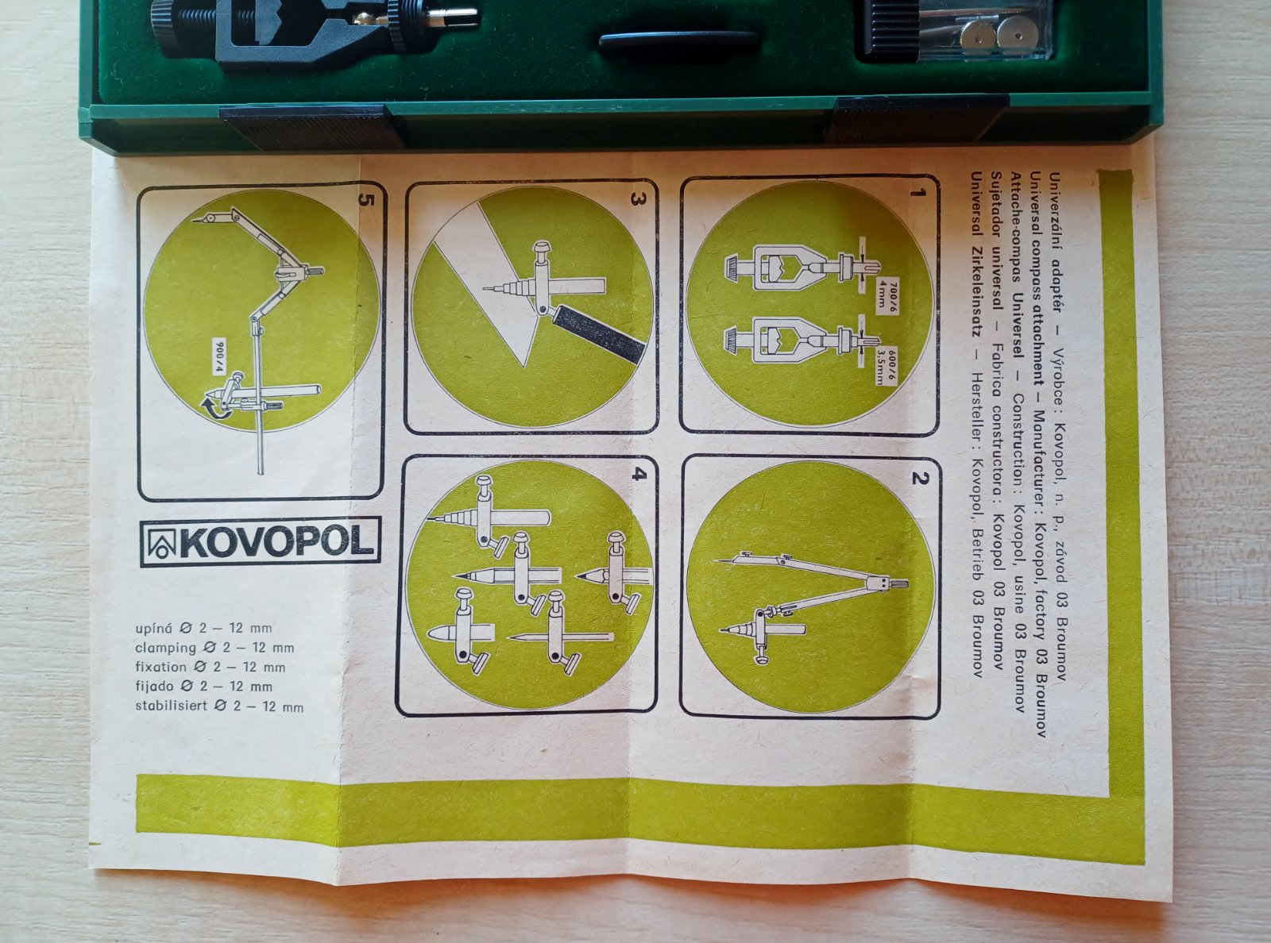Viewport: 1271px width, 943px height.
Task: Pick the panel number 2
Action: [918, 479]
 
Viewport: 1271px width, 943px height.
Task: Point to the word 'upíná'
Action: [153, 629]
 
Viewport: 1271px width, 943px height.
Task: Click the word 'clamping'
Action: [165, 649]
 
